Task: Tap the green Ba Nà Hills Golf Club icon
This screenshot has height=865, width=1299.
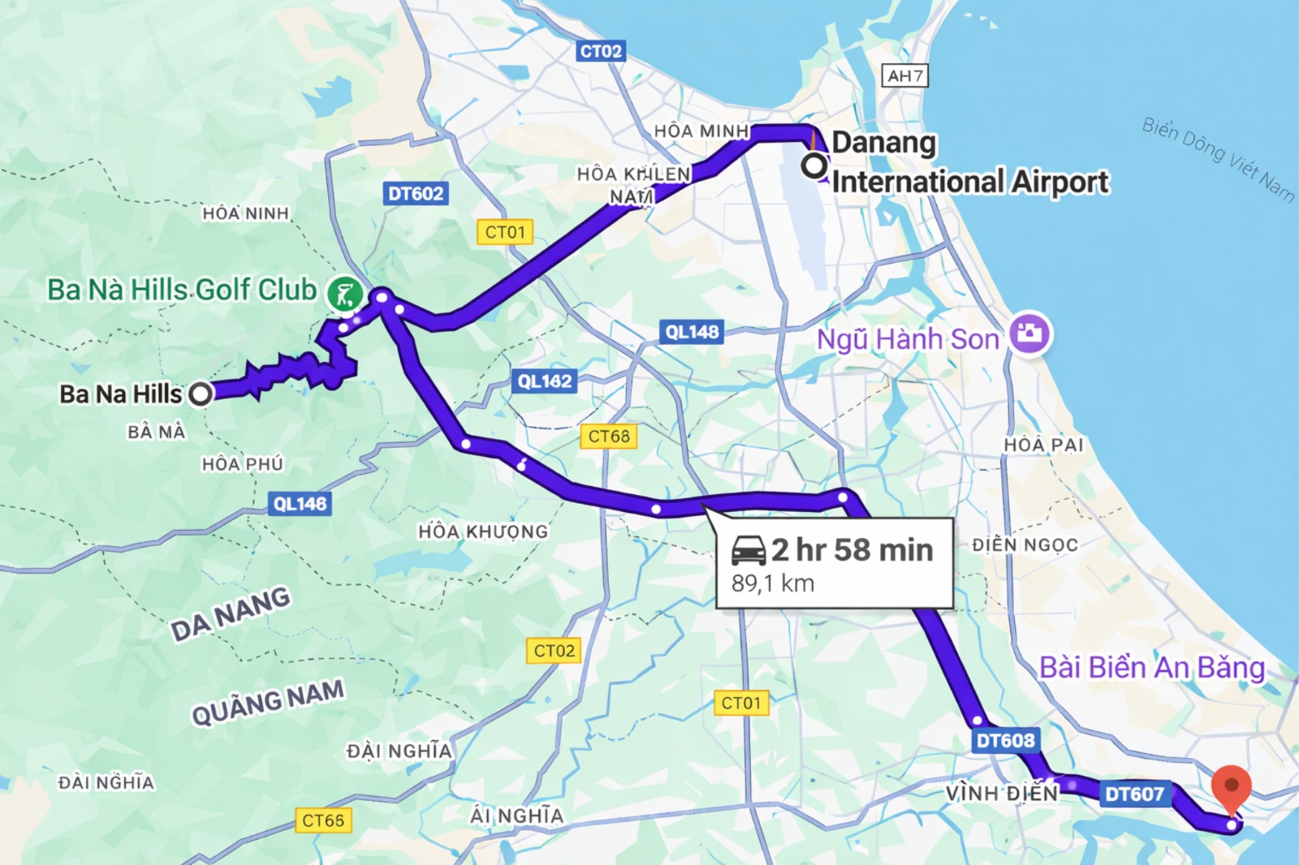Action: (x=344, y=293)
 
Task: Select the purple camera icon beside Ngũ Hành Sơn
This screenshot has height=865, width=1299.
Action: (x=1030, y=334)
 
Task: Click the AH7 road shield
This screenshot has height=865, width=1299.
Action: (x=904, y=76)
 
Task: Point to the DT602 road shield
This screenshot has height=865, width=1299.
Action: (x=416, y=193)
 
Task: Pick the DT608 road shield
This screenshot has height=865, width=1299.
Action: (x=1005, y=740)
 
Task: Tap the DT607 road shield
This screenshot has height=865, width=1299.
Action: (x=1134, y=794)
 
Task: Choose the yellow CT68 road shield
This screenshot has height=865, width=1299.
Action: (x=609, y=437)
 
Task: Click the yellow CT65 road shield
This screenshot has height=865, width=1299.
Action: (x=323, y=820)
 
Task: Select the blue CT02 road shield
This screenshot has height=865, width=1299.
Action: (x=601, y=51)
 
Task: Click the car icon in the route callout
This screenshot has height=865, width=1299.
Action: (x=748, y=550)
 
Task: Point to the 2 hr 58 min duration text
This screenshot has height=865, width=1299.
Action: (x=852, y=550)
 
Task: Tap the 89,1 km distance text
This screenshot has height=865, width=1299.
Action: (x=772, y=583)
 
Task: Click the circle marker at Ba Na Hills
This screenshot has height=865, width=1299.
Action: (x=201, y=394)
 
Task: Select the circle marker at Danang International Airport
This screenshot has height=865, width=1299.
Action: (x=814, y=166)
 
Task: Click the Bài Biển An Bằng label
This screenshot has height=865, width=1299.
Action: (x=1151, y=668)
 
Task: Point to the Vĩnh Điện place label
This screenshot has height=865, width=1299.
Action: (x=1002, y=793)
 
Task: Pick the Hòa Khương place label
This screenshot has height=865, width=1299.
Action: (x=483, y=531)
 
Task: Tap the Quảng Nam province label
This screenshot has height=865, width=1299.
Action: (x=268, y=702)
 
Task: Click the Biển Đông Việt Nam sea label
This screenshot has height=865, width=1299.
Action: (x=1218, y=159)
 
